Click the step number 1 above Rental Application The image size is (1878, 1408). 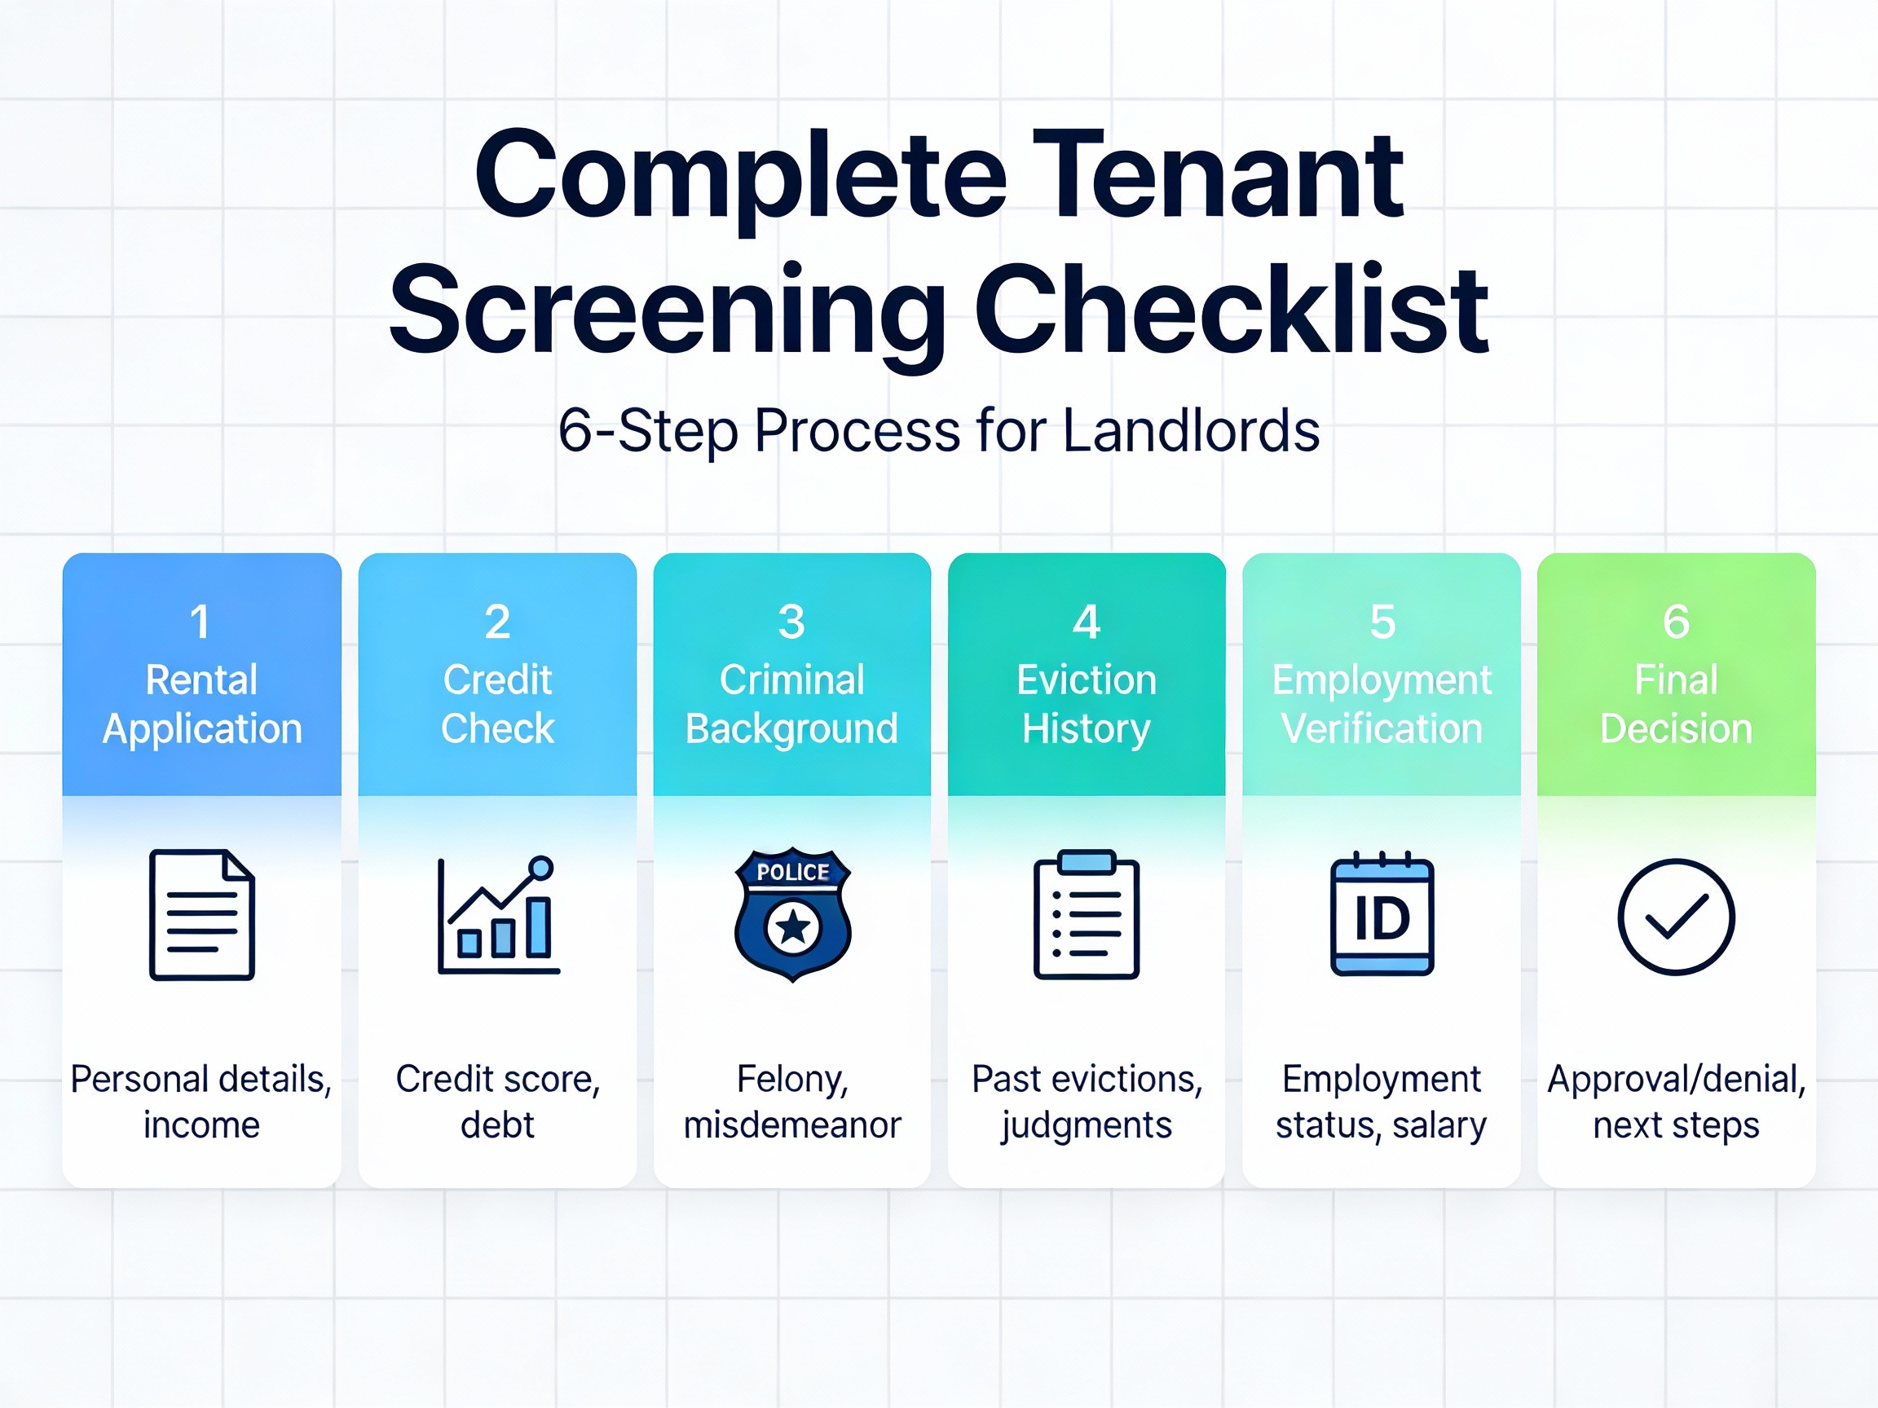201,622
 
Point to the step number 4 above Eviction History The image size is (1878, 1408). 1086,622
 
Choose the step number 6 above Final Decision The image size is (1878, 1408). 1676,622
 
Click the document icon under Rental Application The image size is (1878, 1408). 202,915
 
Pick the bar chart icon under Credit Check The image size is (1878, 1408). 497,917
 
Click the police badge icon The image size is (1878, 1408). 792,914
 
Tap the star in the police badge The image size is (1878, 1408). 793,927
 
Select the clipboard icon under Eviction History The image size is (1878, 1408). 1087,915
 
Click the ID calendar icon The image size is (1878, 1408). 1382,915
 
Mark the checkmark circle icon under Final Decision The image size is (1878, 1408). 1676,917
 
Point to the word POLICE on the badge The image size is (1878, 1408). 792,873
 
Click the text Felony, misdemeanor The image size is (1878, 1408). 792,1102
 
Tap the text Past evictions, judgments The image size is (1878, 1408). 1087,1102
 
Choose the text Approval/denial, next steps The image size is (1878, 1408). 1676,1102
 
